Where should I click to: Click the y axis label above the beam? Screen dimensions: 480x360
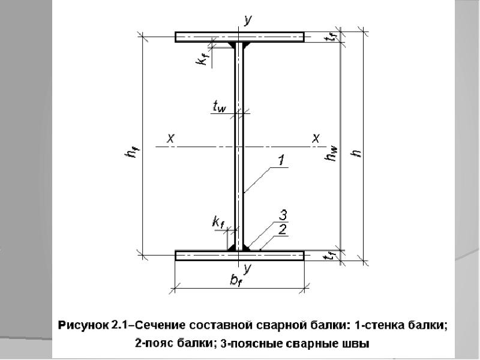[248, 20]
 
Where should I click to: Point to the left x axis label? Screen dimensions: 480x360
[170, 138]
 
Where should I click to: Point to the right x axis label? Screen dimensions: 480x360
[315, 138]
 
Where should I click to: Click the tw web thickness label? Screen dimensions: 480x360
[219, 107]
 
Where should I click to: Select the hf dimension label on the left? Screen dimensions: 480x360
[130, 154]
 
